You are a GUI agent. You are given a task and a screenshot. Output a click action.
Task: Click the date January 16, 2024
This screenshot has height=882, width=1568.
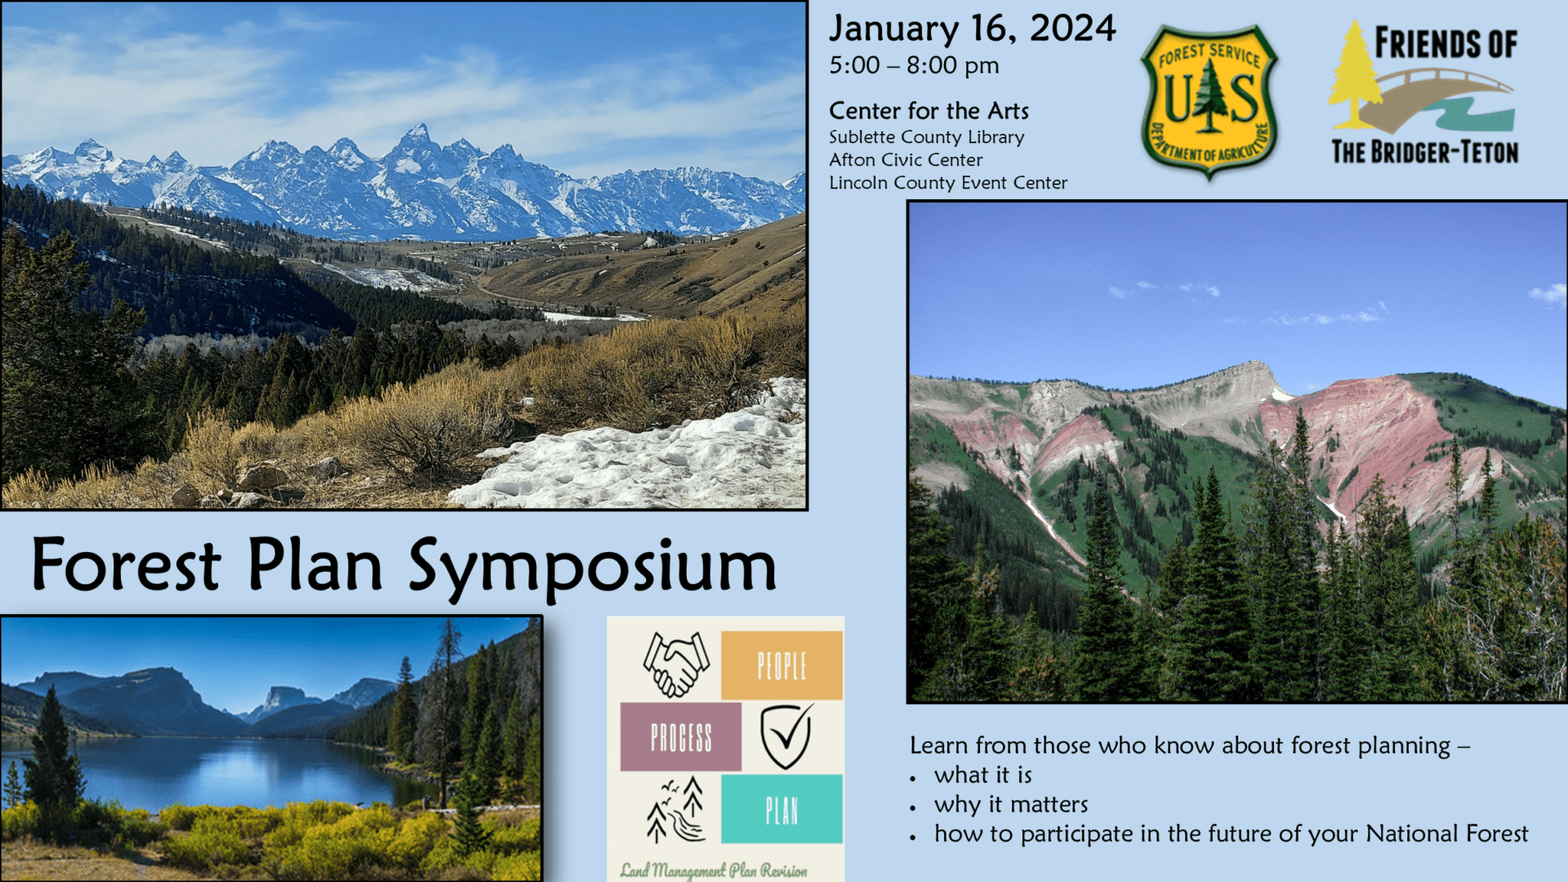click(x=972, y=29)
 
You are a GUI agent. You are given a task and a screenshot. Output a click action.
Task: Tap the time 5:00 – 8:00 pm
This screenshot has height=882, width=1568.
click(x=914, y=65)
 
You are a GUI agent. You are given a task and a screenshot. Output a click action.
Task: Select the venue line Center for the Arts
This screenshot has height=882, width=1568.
click(x=929, y=110)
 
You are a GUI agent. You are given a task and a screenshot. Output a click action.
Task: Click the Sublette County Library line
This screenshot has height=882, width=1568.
click(x=926, y=137)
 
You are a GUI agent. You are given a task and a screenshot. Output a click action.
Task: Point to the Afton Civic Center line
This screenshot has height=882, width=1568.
click(x=906, y=160)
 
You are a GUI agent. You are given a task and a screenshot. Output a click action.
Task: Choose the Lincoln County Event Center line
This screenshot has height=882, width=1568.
click(x=948, y=183)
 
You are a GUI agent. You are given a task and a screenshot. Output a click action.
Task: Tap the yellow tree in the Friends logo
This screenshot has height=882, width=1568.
click(x=1355, y=75)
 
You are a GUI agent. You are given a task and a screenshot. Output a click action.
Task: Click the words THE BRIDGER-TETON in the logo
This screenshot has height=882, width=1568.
click(x=1425, y=152)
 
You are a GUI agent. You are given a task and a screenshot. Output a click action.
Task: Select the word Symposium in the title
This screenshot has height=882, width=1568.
click(x=592, y=568)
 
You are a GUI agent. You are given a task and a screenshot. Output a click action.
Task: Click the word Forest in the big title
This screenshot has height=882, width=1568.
click(x=126, y=564)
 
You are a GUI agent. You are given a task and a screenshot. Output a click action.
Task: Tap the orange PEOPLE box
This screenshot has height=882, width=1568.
click(x=782, y=666)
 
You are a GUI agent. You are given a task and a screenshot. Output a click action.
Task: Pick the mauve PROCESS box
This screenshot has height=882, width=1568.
click(x=680, y=737)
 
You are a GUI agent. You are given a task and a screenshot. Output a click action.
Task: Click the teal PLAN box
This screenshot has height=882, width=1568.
click(x=782, y=809)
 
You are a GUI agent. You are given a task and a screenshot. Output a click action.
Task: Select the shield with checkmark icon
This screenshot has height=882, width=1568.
click(x=786, y=737)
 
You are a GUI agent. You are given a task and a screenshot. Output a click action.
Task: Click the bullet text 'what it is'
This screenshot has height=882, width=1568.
click(x=983, y=775)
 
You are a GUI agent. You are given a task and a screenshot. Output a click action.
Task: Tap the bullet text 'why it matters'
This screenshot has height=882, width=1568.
click(x=1011, y=805)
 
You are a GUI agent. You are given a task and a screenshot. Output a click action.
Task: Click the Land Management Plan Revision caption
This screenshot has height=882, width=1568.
click(x=714, y=871)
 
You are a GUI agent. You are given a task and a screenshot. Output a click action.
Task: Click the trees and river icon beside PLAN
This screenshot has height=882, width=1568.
click(x=675, y=809)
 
